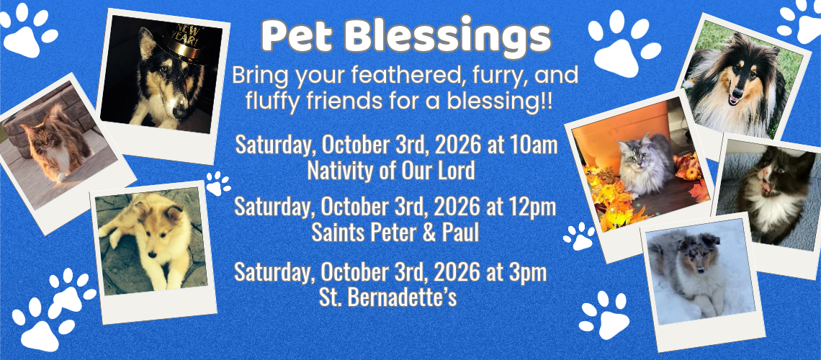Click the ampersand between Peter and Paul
tap(429, 233)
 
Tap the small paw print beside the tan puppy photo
tap(217, 183)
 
